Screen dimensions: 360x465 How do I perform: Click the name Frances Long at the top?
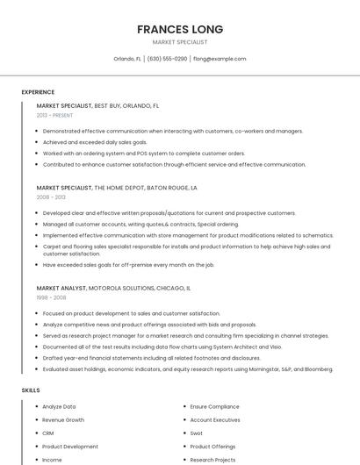(180, 29)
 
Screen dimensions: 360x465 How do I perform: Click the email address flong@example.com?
(219, 59)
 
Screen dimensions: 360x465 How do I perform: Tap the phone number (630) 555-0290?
(167, 59)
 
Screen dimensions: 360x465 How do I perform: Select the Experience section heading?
(38, 92)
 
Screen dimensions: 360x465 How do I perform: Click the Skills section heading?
(31, 390)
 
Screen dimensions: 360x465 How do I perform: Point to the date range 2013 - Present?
(54, 115)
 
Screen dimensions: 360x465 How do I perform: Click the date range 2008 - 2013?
(51, 197)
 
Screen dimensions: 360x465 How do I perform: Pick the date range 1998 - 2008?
(51, 297)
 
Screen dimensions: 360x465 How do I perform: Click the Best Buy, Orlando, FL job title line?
(97, 105)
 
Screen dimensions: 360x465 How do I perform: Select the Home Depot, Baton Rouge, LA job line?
(117, 188)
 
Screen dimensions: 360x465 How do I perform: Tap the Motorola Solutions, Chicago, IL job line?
(113, 288)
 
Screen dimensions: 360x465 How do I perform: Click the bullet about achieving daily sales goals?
(95, 142)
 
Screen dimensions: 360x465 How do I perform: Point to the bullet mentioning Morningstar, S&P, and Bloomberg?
(187, 369)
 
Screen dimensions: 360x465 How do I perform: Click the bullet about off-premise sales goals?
(128, 264)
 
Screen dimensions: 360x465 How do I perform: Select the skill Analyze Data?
(59, 407)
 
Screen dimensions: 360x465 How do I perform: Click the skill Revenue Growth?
(63, 420)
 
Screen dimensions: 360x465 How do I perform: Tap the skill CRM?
(48, 433)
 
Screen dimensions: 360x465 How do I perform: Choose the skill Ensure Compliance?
(214, 407)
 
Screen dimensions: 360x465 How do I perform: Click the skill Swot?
(197, 433)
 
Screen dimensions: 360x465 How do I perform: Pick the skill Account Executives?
(215, 420)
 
